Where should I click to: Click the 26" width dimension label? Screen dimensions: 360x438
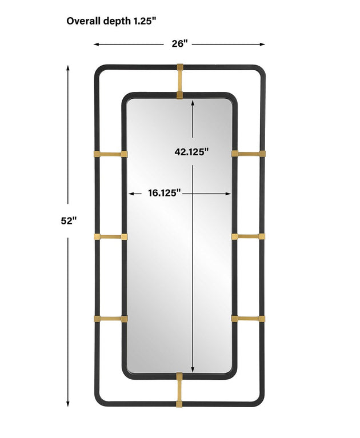179,43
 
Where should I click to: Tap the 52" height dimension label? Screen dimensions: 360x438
69,221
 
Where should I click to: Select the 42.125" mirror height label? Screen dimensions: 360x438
192,152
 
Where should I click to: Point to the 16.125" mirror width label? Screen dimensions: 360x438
165,193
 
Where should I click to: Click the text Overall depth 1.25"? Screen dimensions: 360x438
111,21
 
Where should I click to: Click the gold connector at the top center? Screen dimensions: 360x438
180,81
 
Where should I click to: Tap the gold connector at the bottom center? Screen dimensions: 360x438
179,389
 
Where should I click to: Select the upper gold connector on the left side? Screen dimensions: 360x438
111,154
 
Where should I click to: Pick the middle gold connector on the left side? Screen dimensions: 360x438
111,237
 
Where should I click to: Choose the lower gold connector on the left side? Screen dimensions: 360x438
111,319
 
